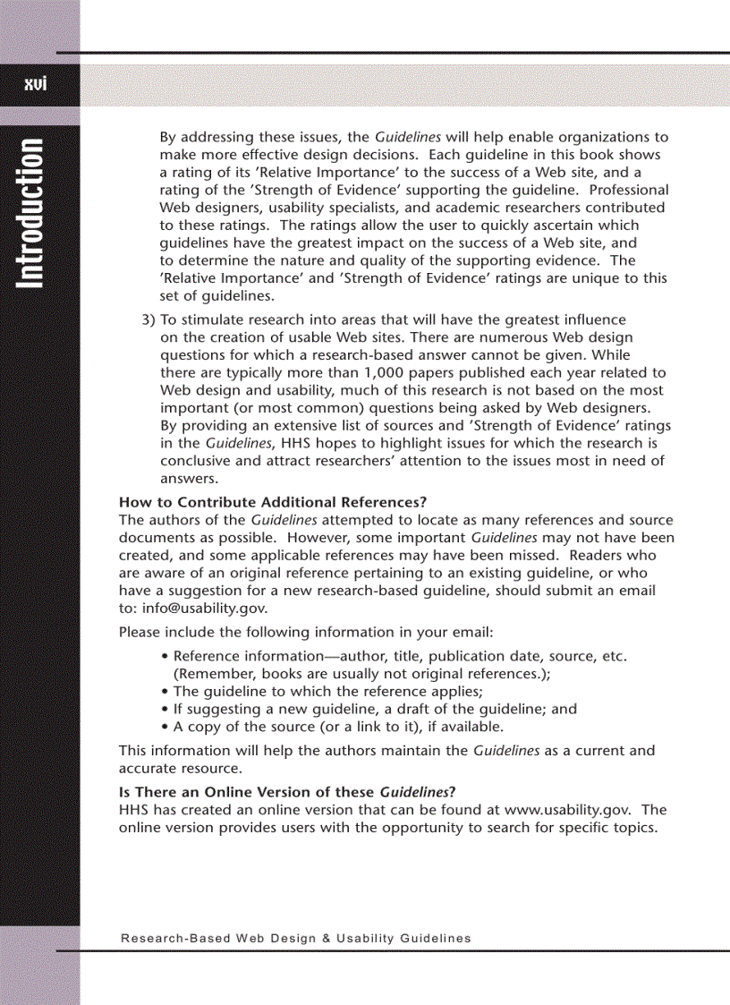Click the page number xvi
coord(35,84)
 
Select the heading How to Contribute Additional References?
coord(273,502)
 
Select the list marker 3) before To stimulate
coord(149,319)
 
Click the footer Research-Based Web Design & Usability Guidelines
coord(295,938)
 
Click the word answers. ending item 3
coord(189,478)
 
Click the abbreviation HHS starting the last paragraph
coord(134,810)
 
